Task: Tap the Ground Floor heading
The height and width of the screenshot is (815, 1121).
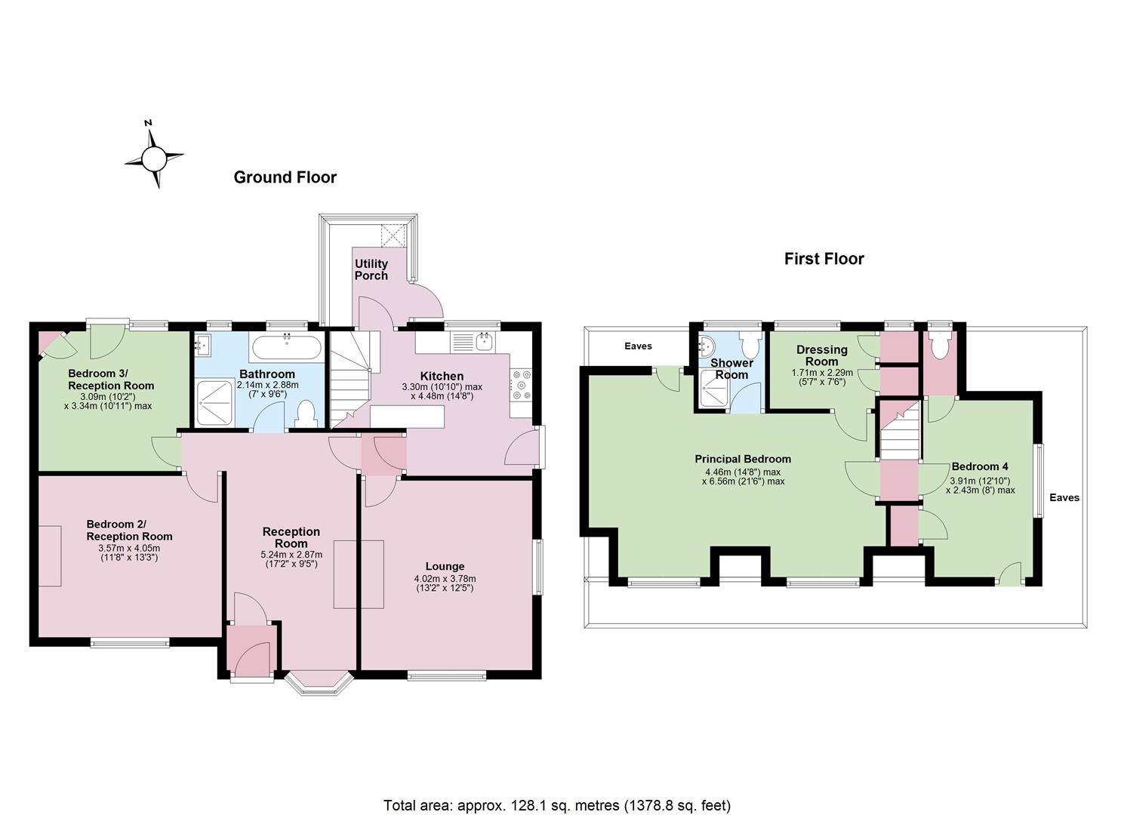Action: (x=285, y=177)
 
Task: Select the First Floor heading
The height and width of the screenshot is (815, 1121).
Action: (x=824, y=259)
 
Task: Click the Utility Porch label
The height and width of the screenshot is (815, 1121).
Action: (x=371, y=269)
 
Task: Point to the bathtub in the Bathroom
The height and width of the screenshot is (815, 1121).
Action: (x=286, y=346)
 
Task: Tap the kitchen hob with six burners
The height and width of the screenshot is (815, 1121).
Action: (x=522, y=385)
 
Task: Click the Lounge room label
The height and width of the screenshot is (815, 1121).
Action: (x=445, y=566)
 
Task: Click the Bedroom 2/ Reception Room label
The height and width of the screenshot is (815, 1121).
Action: (x=130, y=531)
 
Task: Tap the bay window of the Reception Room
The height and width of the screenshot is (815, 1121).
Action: (x=319, y=684)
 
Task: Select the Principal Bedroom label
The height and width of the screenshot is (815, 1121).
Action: (x=743, y=459)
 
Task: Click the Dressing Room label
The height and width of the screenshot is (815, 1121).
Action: (x=822, y=355)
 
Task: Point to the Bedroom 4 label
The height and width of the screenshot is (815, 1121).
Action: (x=980, y=466)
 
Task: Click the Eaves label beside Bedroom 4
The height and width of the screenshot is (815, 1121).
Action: (x=1064, y=497)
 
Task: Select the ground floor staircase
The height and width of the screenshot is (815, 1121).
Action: (x=350, y=379)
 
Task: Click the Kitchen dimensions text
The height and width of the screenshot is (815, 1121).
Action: (x=442, y=392)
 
